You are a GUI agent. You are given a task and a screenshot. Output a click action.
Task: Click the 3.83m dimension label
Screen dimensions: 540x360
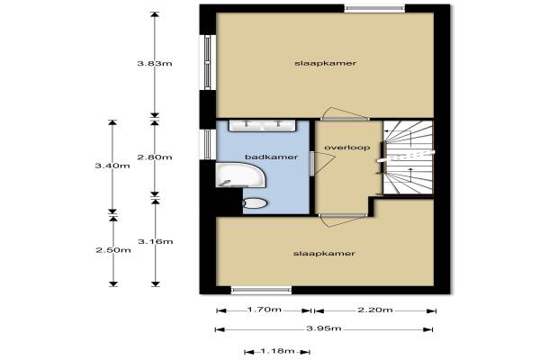click(x=155, y=63)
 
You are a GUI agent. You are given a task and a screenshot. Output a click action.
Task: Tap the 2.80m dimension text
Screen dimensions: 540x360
click(x=155, y=157)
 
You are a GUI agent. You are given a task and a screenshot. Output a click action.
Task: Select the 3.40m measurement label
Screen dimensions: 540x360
click(x=112, y=166)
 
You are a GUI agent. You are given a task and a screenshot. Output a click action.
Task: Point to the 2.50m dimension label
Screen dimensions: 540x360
click(x=113, y=250)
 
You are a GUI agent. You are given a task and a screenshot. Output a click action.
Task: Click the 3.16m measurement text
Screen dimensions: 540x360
click(x=156, y=241)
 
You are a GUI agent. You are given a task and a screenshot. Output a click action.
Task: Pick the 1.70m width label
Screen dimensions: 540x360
click(x=264, y=310)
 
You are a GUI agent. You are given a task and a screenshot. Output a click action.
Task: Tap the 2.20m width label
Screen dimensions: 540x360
click(x=375, y=310)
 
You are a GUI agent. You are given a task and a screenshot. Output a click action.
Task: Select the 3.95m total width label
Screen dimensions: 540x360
click(x=324, y=328)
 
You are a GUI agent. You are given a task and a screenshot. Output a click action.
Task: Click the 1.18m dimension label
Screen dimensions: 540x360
click(x=277, y=351)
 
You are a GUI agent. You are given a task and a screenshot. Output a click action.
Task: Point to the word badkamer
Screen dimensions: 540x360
click(x=272, y=157)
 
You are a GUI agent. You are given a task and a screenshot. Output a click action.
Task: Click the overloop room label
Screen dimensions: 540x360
click(x=347, y=148)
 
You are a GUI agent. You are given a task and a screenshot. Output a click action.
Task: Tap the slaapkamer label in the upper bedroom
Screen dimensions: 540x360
click(x=326, y=63)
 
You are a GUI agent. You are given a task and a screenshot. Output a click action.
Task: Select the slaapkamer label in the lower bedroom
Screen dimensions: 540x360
click(x=324, y=254)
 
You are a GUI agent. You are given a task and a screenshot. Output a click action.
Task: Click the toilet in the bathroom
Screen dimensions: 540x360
click(x=256, y=202)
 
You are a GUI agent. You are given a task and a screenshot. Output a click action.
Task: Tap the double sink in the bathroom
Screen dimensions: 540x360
click(x=263, y=125)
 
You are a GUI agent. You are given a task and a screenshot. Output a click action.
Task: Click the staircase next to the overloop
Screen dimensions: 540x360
click(x=408, y=157)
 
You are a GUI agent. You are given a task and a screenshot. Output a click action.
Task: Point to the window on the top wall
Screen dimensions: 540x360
click(x=374, y=8)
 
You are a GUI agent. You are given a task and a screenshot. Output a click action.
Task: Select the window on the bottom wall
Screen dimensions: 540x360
click(x=261, y=290)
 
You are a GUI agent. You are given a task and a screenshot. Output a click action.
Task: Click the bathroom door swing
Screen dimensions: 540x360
click(x=322, y=164)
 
